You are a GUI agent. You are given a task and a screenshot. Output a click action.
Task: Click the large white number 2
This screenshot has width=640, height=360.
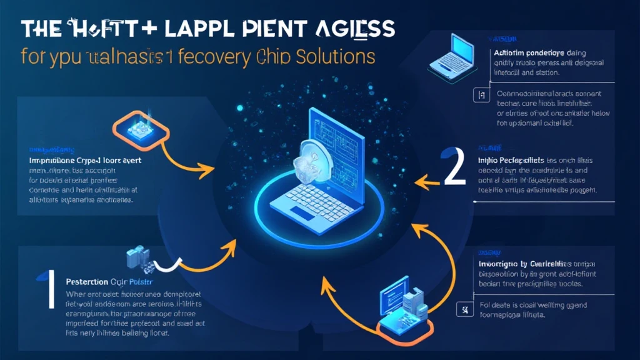455,168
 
